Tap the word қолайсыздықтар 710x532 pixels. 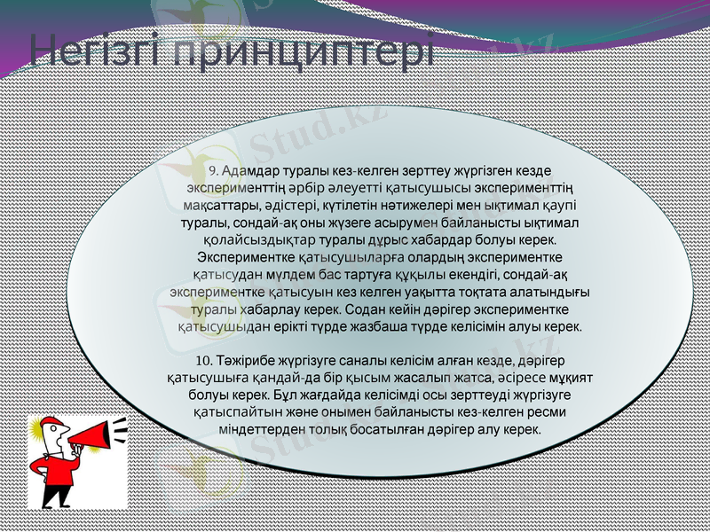pos(246,240)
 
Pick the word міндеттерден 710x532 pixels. pos(262,429)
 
